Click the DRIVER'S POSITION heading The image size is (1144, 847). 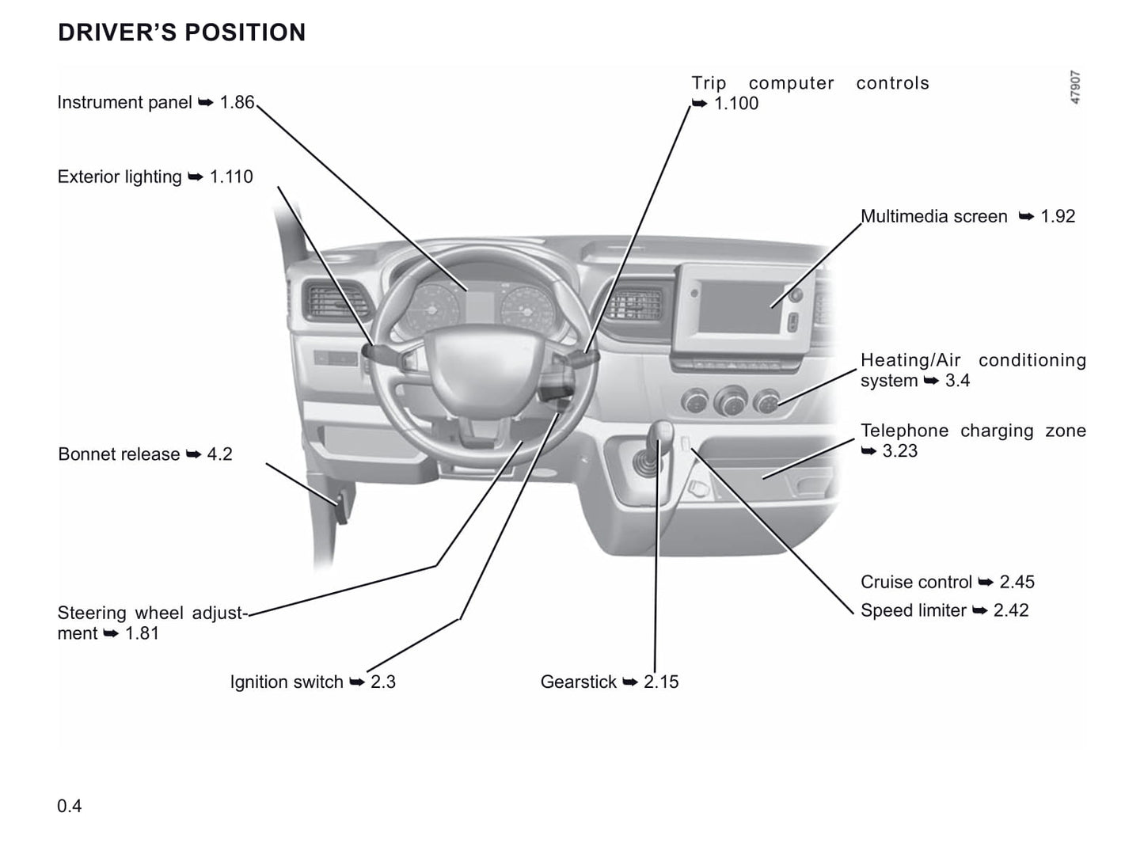click(x=181, y=32)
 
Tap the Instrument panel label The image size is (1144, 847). click(x=124, y=103)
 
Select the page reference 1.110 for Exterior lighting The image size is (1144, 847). click(x=231, y=177)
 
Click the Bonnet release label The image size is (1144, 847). click(x=119, y=454)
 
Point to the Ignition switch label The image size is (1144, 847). click(x=287, y=682)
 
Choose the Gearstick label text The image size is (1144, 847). click(x=578, y=682)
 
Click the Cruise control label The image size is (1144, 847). click(x=916, y=583)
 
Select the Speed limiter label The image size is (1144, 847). click(x=913, y=611)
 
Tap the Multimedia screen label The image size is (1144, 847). click(x=933, y=217)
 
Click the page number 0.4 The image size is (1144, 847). click(x=70, y=807)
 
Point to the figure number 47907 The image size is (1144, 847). click(x=1075, y=88)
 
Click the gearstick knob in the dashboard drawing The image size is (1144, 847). click(x=662, y=433)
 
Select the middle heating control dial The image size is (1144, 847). click(x=731, y=401)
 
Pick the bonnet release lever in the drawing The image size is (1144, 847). click(x=343, y=507)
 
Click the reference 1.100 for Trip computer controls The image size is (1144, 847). click(x=735, y=104)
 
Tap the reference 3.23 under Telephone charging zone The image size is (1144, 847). click(x=899, y=451)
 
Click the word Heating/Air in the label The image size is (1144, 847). click(x=910, y=361)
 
